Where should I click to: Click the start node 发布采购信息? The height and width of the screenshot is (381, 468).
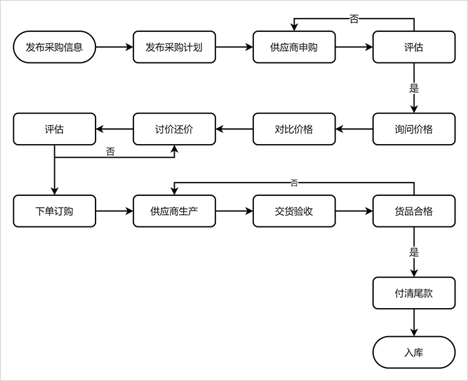54,47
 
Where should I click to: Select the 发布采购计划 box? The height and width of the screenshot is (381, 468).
174,47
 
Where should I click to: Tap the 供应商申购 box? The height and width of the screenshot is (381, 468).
294,47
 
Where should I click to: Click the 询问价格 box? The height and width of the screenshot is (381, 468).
414,129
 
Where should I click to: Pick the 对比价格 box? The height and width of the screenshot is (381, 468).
294,129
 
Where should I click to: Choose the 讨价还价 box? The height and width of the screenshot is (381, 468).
174,129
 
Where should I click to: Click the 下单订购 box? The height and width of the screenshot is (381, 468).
54,211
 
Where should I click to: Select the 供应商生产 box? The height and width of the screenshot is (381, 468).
174,211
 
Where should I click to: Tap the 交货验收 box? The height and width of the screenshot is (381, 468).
294,211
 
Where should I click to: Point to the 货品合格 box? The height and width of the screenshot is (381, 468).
414,211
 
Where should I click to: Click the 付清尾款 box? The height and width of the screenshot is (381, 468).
414,293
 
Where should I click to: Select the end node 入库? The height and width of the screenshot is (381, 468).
414,352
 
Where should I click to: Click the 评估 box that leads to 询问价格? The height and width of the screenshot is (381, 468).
414,47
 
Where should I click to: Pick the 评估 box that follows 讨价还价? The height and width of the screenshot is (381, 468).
54,129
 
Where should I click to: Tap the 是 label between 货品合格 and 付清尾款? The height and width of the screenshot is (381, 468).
414,253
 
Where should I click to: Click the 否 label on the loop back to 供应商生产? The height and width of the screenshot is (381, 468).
294,183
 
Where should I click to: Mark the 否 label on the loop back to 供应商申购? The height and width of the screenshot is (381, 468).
354,19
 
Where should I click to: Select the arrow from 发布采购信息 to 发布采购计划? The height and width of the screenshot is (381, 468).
114,47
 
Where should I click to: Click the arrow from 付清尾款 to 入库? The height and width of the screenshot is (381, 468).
414,322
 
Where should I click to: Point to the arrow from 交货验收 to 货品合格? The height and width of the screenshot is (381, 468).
354,211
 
